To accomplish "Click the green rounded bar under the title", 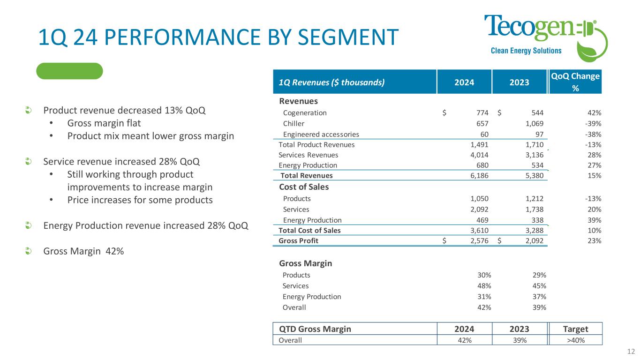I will (69, 71).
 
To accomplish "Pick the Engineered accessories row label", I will (321, 134).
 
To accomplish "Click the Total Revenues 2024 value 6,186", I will (479, 176).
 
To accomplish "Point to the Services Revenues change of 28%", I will (595, 155).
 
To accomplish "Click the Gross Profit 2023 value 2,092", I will (533, 241).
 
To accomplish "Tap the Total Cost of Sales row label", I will (309, 231).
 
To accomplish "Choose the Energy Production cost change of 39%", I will (595, 220).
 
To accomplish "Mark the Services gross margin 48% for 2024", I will (484, 286).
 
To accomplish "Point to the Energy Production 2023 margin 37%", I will (539, 297).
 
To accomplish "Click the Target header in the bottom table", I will (575, 329).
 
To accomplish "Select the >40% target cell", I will (575, 340).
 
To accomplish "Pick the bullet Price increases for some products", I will (140, 200).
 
